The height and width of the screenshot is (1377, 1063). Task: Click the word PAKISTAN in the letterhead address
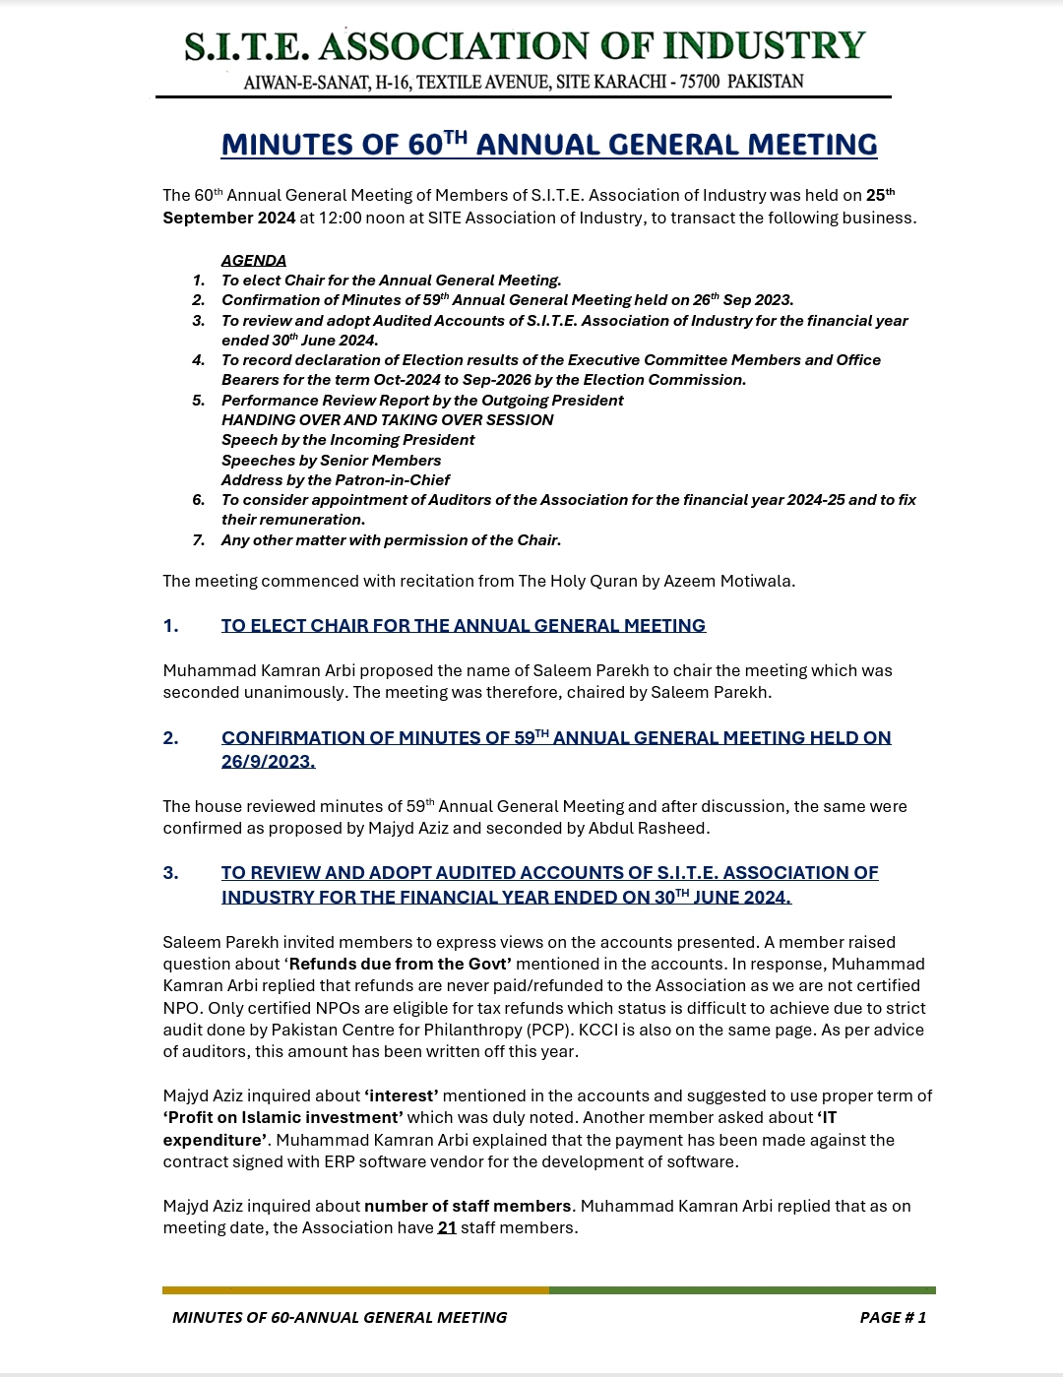(x=765, y=82)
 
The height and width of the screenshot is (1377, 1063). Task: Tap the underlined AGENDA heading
(x=254, y=261)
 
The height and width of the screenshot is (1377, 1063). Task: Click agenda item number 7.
(x=199, y=540)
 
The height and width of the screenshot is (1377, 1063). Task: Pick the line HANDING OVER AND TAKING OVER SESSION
(x=387, y=420)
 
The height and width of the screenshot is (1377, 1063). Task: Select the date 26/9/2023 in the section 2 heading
(x=268, y=762)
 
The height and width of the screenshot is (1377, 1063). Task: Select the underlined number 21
(x=447, y=1227)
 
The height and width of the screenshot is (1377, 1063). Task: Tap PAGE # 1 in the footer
(x=893, y=1317)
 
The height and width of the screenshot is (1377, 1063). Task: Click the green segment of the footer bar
(x=742, y=1289)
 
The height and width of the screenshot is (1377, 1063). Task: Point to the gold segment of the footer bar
(x=355, y=1289)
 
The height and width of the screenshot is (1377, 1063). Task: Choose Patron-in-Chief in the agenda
(x=393, y=480)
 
